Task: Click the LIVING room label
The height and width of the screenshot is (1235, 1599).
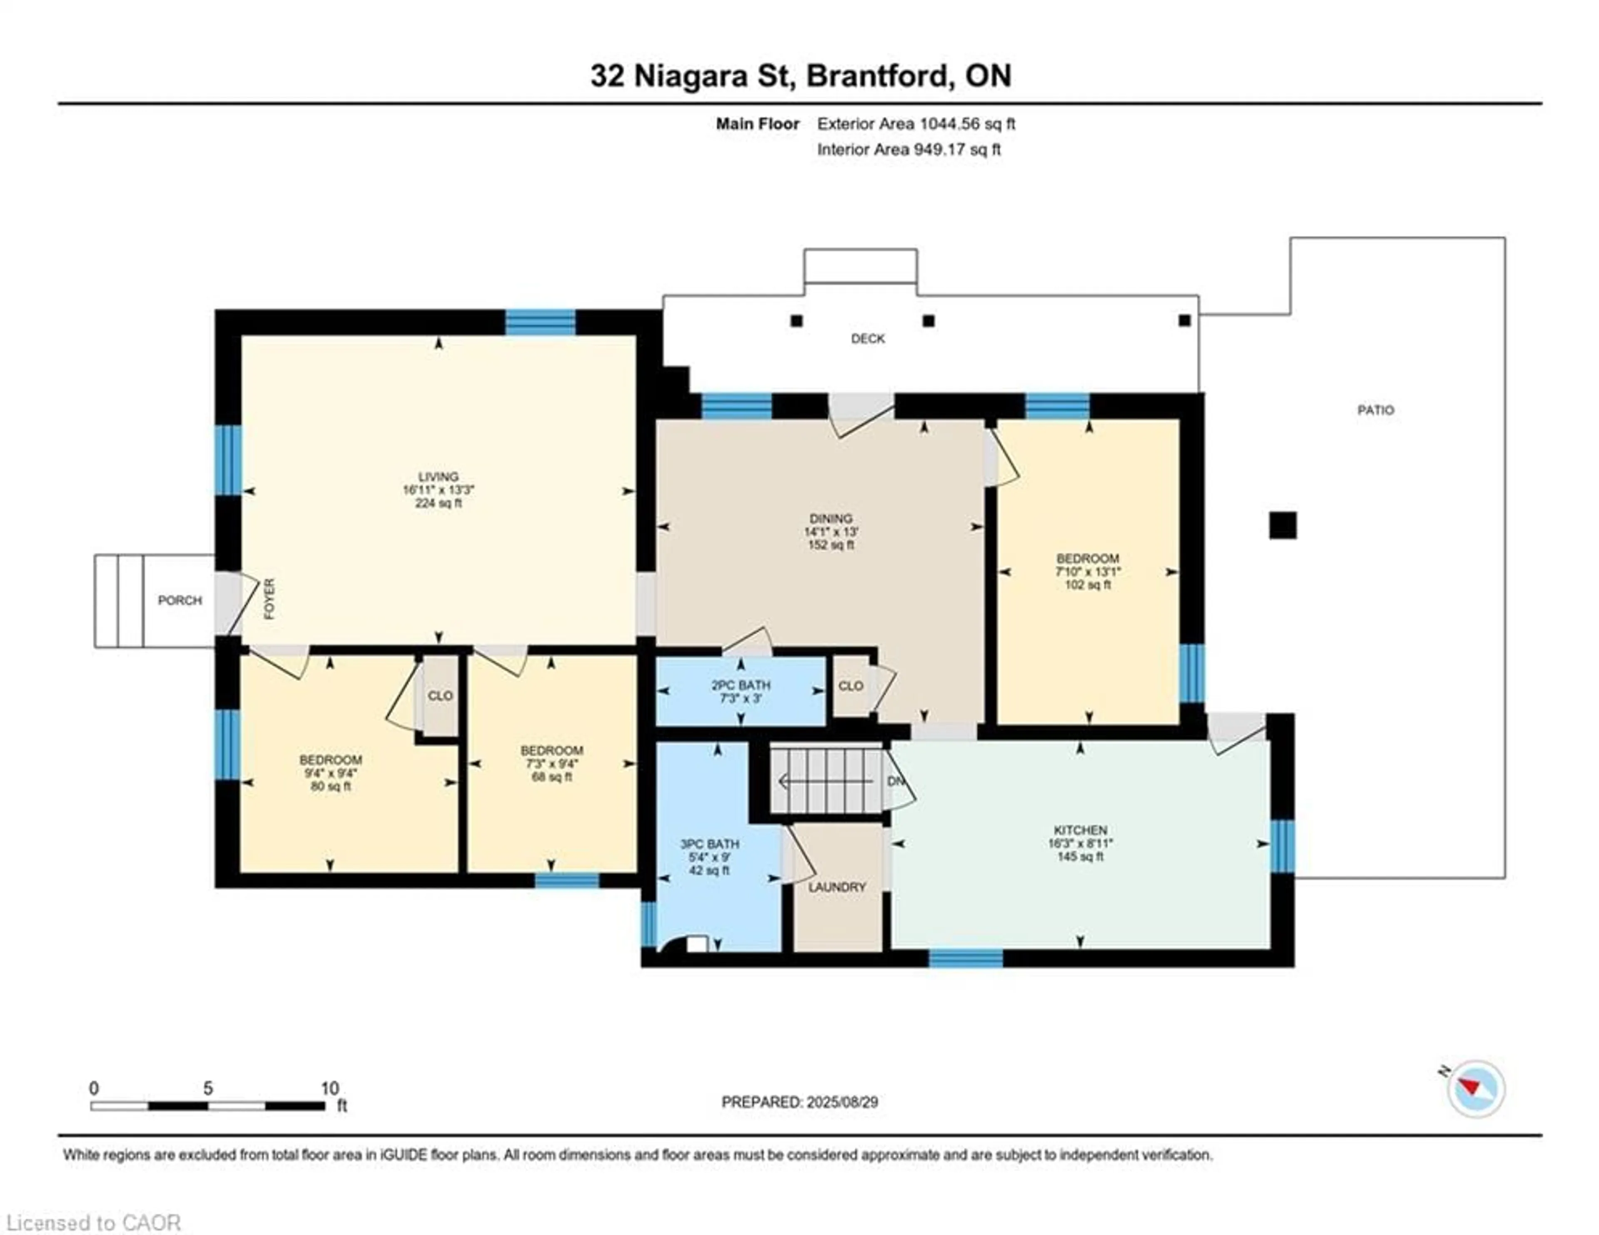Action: (438, 477)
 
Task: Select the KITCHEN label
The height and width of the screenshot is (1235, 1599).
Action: (1080, 830)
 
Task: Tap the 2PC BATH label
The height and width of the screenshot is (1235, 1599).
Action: (740, 685)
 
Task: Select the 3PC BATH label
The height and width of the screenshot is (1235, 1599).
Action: (709, 844)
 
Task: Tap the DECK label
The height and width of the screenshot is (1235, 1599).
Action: (868, 338)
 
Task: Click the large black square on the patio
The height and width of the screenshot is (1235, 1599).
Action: (1282, 525)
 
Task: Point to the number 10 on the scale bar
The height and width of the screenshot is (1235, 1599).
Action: (329, 1088)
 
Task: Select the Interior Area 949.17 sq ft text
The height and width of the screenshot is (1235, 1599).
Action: (909, 150)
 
